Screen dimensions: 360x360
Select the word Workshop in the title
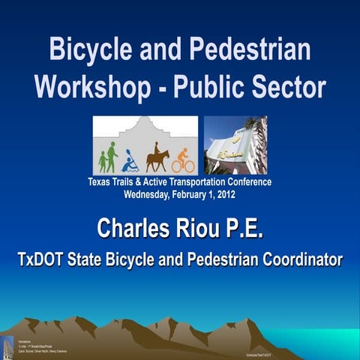coord(88,87)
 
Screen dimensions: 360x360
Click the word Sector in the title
coord(286,87)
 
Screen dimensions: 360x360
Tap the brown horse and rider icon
coord(157,157)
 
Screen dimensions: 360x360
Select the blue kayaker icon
coord(130,161)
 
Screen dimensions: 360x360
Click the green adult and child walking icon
coord(108,157)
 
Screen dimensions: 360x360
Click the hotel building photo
coord(235,145)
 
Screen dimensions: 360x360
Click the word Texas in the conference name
coord(101,181)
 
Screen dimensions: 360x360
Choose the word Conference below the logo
coord(245,181)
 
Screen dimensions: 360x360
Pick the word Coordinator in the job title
coord(299,259)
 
